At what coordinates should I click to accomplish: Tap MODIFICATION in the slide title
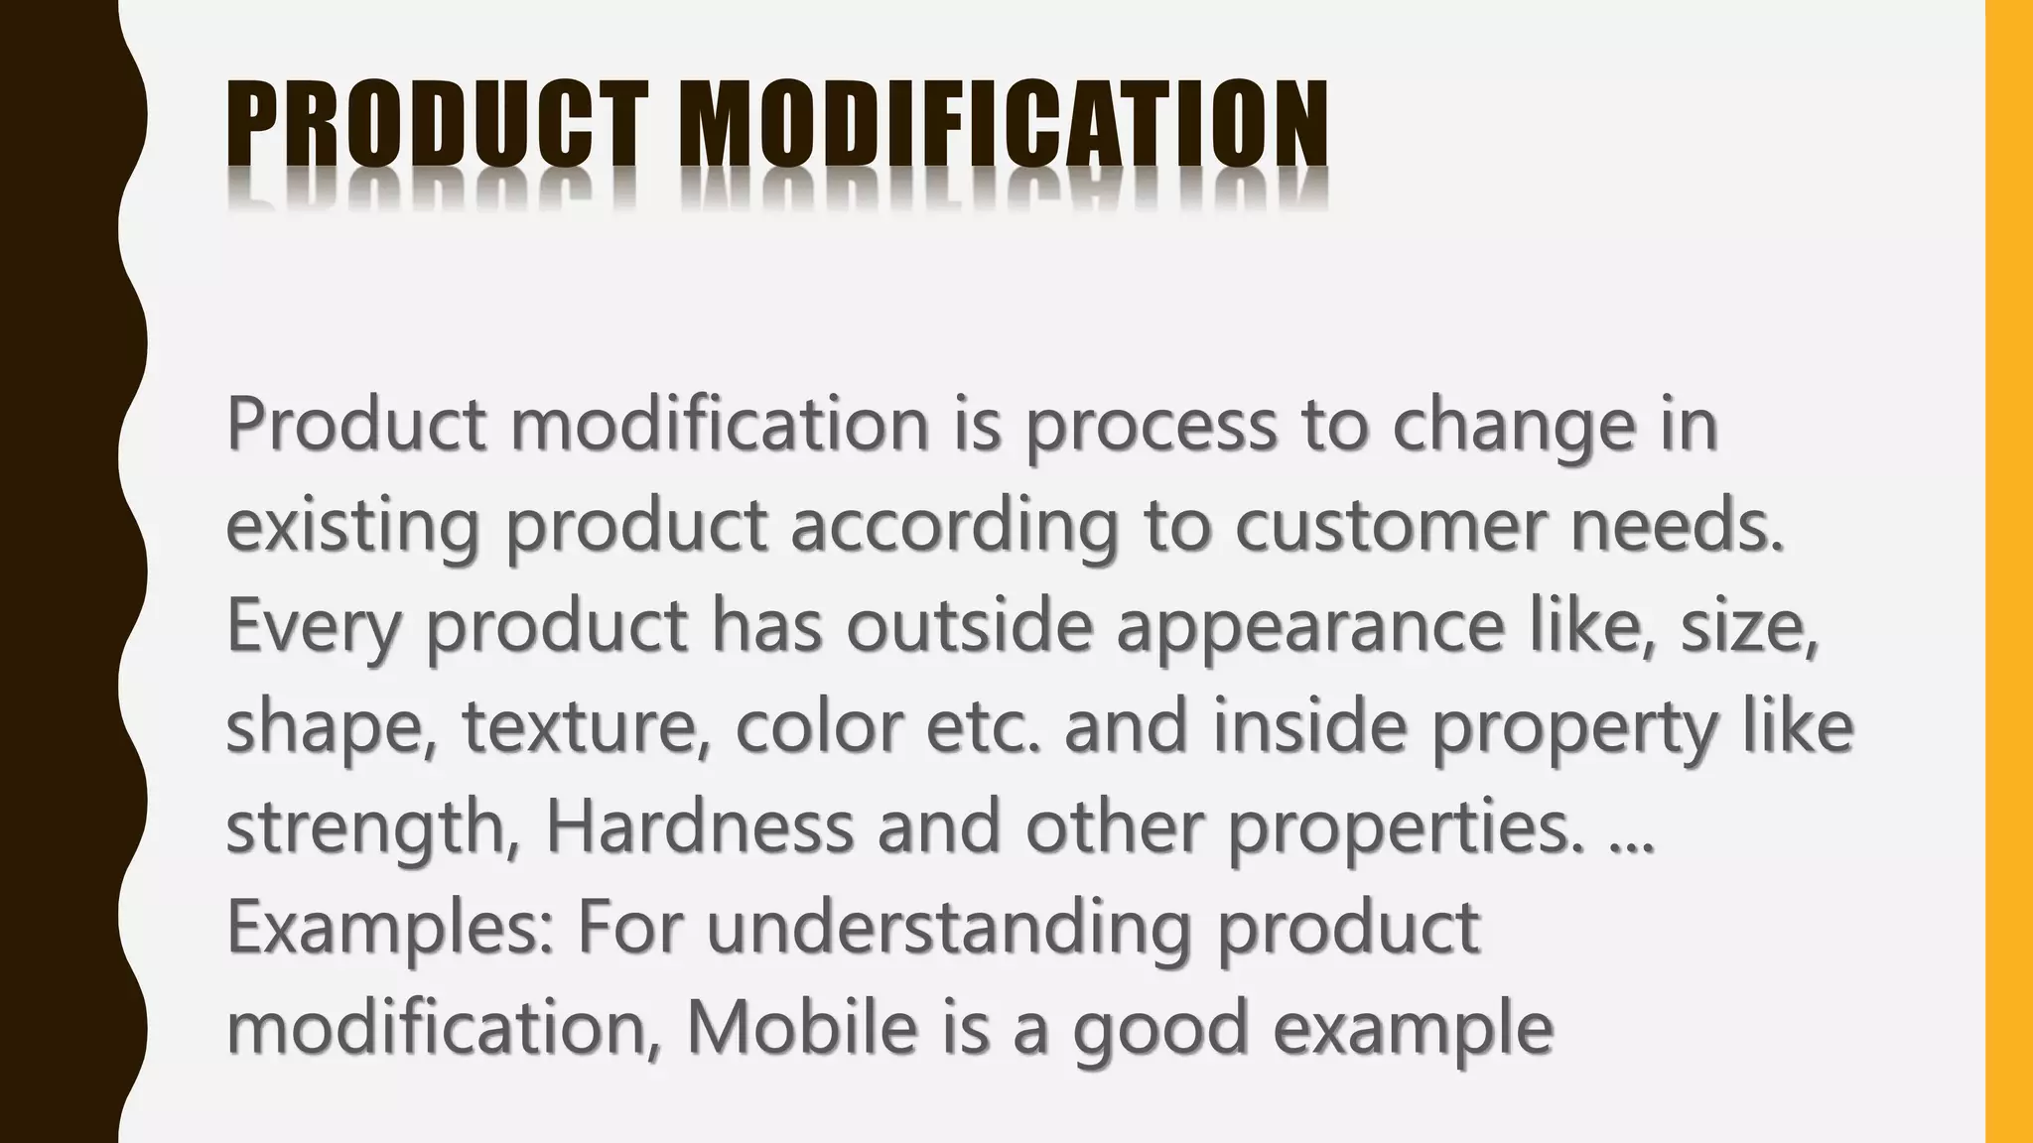(1003, 125)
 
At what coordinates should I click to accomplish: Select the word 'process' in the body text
(1150, 426)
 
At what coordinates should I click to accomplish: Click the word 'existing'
(352, 526)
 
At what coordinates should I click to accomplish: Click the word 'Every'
(313, 627)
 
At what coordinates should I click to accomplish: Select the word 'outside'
(969, 627)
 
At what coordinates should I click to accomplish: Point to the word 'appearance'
(1310, 627)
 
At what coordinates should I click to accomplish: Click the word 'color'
(819, 727)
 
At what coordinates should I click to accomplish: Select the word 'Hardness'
(699, 827)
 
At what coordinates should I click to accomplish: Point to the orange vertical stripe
(2009, 571)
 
